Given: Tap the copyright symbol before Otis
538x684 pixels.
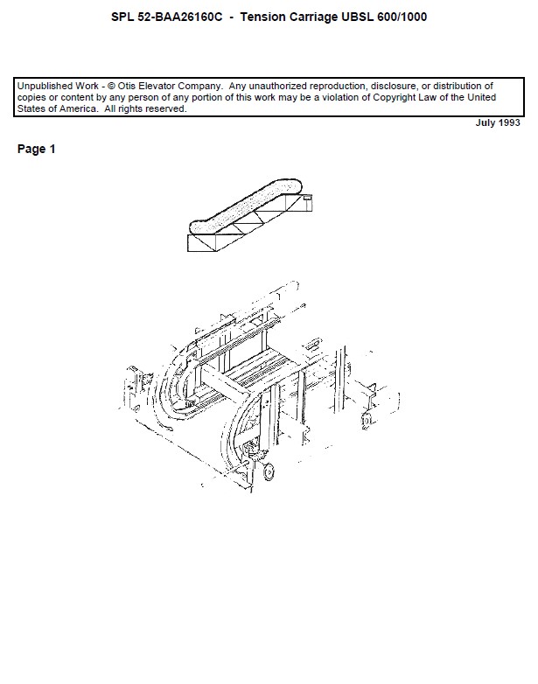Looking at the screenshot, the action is tap(111, 86).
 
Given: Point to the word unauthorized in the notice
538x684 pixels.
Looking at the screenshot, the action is tap(277, 86).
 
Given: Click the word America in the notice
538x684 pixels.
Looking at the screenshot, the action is tap(79, 108).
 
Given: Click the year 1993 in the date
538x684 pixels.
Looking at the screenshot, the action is tap(509, 122).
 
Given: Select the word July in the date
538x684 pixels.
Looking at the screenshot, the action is tap(486, 123).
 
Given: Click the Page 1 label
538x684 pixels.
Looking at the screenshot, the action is tap(36, 150).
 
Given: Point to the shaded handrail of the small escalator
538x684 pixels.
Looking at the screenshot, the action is tap(245, 206).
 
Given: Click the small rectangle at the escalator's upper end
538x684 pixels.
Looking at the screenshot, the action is tap(308, 198).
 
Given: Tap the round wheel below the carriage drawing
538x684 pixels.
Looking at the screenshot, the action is tap(269, 472).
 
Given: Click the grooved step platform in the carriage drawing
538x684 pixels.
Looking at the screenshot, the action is tap(262, 367).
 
